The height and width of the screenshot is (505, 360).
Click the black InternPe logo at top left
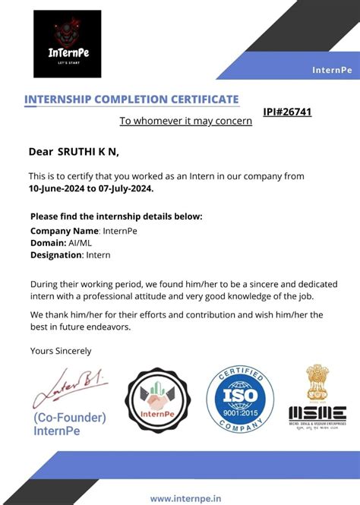[67, 43]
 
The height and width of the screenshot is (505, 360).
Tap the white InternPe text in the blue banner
[332, 70]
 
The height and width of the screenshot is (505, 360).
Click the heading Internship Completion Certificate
[131, 99]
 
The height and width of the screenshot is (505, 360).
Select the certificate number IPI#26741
[287, 112]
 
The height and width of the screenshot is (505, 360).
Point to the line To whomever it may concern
[185, 121]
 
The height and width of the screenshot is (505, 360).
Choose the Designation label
[56, 255]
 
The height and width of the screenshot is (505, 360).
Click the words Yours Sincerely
[60, 351]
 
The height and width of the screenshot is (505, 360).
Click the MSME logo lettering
[317, 414]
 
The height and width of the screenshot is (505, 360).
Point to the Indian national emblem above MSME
[317, 383]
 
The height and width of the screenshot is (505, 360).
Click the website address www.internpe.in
[185, 498]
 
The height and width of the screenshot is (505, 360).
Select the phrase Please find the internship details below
[116, 216]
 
